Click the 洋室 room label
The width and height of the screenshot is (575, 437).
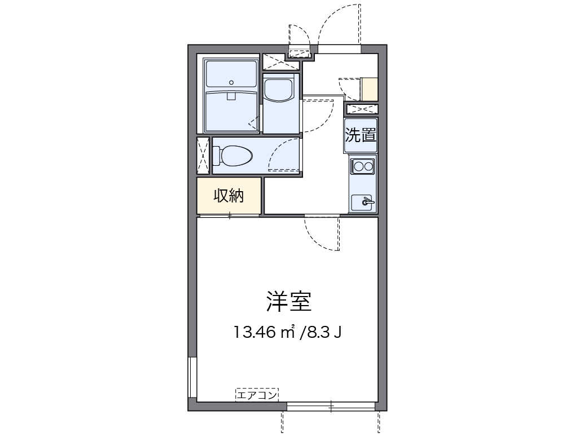tap(288, 302)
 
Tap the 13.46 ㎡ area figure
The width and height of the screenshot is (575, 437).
tap(265, 332)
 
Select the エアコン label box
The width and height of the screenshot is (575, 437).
tap(257, 395)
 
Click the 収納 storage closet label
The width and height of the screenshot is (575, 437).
tap(229, 196)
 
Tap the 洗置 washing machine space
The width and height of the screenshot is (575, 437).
tap(361, 135)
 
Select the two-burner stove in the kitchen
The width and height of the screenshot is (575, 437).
tap(362, 166)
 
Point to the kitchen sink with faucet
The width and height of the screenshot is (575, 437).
tap(362, 201)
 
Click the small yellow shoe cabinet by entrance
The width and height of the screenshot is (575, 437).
tap(370, 89)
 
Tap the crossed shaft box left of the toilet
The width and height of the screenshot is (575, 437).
tap(203, 156)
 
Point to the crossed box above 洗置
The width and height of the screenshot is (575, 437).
tap(361, 109)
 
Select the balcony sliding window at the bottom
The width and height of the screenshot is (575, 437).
tap(331, 405)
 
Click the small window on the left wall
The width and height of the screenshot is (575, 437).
tap(192, 378)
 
